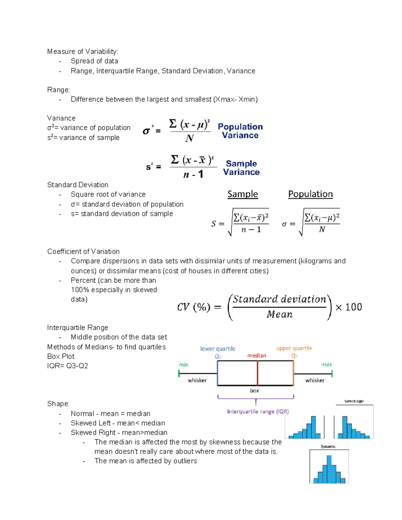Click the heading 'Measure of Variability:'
[82, 52]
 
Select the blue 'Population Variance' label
[240, 131]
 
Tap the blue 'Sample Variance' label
[241, 168]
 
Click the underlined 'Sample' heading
[243, 194]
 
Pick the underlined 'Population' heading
[310, 194]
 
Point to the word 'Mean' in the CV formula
[279, 314]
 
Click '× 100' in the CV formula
[348, 307]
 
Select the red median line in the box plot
[257, 373]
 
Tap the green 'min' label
[184, 365]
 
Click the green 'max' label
[326, 364]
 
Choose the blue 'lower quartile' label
[218, 349]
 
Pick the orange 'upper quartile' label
[294, 348]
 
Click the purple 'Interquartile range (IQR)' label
[258, 412]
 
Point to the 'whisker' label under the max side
[315, 380]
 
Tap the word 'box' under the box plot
[254, 390]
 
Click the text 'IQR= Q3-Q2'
[68, 366]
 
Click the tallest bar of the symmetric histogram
[329, 469]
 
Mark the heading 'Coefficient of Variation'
[83, 251]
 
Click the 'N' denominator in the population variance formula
[189, 138]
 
